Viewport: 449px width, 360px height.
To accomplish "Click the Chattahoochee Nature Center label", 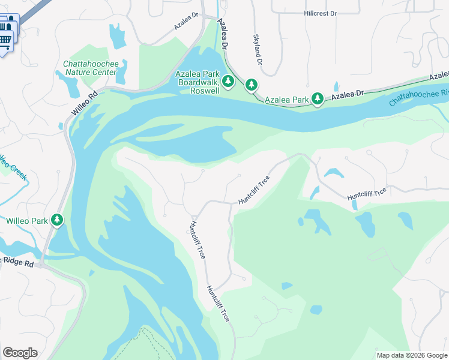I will pyautogui.click(x=89, y=68).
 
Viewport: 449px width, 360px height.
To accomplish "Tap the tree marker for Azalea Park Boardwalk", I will pyautogui.click(x=228, y=81).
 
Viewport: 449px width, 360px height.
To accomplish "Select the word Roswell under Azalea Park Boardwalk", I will pyautogui.click(x=204, y=91).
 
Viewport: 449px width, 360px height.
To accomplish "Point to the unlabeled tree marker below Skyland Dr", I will pyautogui.click(x=252, y=85).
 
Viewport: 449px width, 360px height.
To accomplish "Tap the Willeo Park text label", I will pyautogui.click(x=26, y=221).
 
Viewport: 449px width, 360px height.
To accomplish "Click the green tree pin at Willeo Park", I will pyautogui.click(x=57, y=220).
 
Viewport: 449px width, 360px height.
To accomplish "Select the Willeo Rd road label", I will pyautogui.click(x=84, y=103).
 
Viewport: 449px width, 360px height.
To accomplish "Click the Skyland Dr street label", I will pyautogui.click(x=258, y=49).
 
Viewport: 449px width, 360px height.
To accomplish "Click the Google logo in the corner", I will pyautogui.click(x=20, y=353).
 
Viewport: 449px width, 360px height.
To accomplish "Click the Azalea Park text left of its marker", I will pyautogui.click(x=286, y=99).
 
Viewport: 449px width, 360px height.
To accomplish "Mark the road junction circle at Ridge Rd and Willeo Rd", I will pyautogui.click(x=41, y=264).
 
